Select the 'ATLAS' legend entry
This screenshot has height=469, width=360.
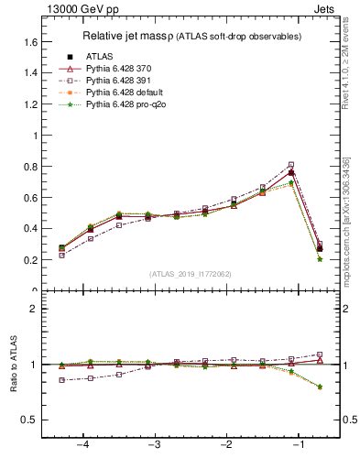coord(100,57)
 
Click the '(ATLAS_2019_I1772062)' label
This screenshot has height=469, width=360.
coord(191,273)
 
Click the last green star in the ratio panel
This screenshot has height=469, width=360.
coord(319,387)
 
